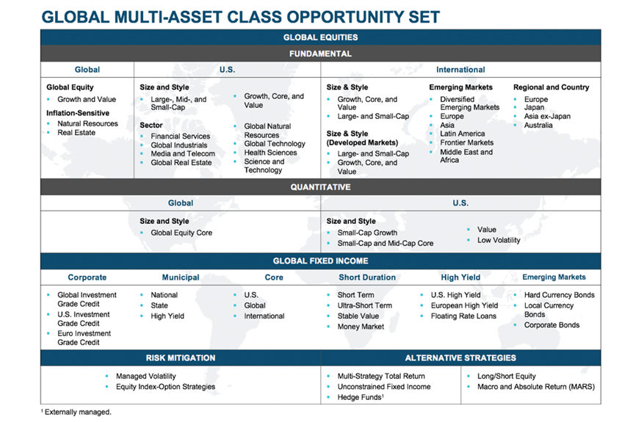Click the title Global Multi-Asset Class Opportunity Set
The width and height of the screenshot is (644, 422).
pyautogui.click(x=241, y=17)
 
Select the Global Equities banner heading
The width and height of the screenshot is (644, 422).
pyautogui.click(x=320, y=37)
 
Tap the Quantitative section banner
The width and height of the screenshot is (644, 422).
pyautogui.click(x=320, y=187)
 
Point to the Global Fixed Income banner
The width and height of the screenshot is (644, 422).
pyautogui.click(x=320, y=261)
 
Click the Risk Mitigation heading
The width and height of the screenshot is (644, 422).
pyautogui.click(x=181, y=358)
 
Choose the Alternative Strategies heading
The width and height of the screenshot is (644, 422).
pyautogui.click(x=460, y=358)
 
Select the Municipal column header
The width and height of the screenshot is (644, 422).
pyautogui.click(x=181, y=277)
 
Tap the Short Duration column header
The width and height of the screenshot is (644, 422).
pyautogui.click(x=367, y=277)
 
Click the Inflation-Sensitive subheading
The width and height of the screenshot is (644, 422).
pyautogui.click(x=78, y=113)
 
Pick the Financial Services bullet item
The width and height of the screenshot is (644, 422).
pyautogui.click(x=181, y=137)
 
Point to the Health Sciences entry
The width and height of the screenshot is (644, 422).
pyautogui.click(x=270, y=153)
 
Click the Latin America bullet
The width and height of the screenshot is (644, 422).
pyautogui.click(x=463, y=134)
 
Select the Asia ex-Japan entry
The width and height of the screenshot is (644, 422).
pyautogui.click(x=547, y=116)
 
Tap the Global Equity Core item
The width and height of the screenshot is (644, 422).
pyautogui.click(x=181, y=233)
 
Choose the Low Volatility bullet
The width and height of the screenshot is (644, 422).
pyautogui.click(x=499, y=240)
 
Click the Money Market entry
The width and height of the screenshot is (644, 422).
pyautogui.click(x=361, y=327)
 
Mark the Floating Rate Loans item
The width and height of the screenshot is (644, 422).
pyautogui.click(x=463, y=316)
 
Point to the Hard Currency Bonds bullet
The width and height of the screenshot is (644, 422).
pyautogui.click(x=560, y=295)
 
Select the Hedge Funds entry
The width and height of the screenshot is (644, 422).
pyautogui.click(x=361, y=397)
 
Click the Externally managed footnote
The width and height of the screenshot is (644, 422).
pyautogui.click(x=76, y=412)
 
